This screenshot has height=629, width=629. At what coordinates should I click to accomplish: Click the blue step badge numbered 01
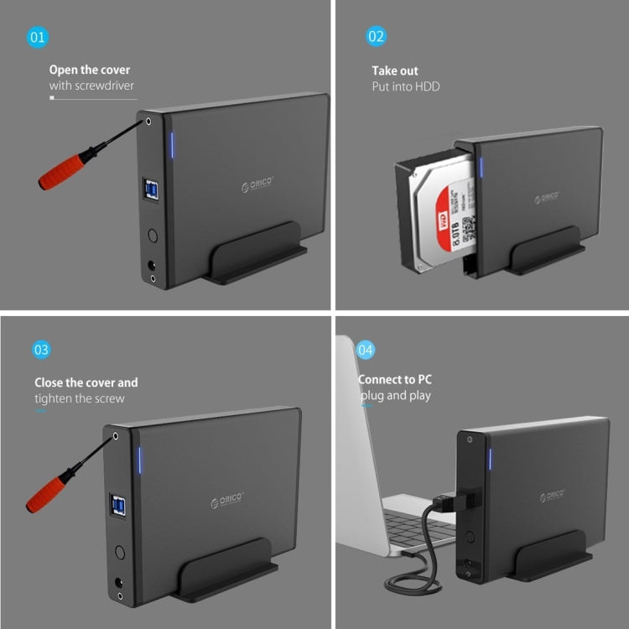(39, 37)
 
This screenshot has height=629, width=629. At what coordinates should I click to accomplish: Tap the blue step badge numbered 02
(377, 37)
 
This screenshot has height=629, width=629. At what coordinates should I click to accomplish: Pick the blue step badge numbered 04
(366, 349)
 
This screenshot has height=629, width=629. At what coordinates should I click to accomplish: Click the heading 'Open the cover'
(90, 70)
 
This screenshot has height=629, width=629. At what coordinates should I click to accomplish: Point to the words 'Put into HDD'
(406, 86)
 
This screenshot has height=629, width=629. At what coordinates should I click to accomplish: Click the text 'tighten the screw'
(80, 398)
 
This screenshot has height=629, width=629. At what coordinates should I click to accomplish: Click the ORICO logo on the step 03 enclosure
(227, 502)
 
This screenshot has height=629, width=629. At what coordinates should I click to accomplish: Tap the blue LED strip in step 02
(482, 164)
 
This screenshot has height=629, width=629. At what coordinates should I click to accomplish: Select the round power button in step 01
(153, 237)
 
